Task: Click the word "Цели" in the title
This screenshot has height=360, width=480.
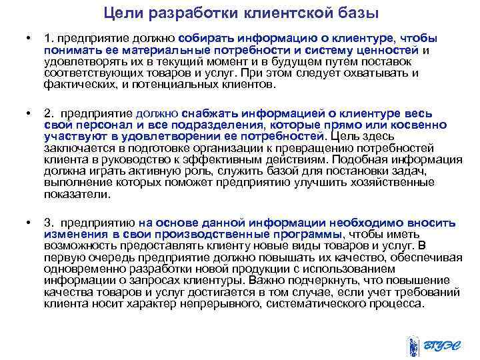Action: coord(121,13)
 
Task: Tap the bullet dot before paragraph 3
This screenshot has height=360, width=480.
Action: coord(27,221)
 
